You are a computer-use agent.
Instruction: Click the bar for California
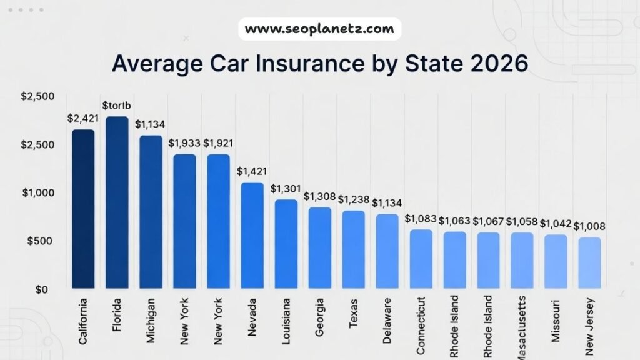pos(83,209)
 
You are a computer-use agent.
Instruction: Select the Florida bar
pos(117,202)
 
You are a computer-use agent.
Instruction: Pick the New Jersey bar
pos(589,262)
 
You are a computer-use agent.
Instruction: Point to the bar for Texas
pos(354,249)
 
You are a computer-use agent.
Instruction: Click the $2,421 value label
pos(83,117)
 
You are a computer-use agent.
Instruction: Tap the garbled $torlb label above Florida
pos(117,104)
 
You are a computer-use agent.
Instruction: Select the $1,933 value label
pos(184,143)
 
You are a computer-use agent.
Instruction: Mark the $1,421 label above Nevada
pos(252,171)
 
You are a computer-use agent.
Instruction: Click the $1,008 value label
pos(590,226)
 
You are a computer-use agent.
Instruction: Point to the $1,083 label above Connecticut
pos(421,219)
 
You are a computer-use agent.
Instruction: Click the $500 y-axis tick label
pos(38,241)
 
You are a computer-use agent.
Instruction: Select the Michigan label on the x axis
pos(151,320)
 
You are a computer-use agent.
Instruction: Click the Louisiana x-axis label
pos(286,321)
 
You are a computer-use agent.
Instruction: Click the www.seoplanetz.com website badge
pos(319,29)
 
